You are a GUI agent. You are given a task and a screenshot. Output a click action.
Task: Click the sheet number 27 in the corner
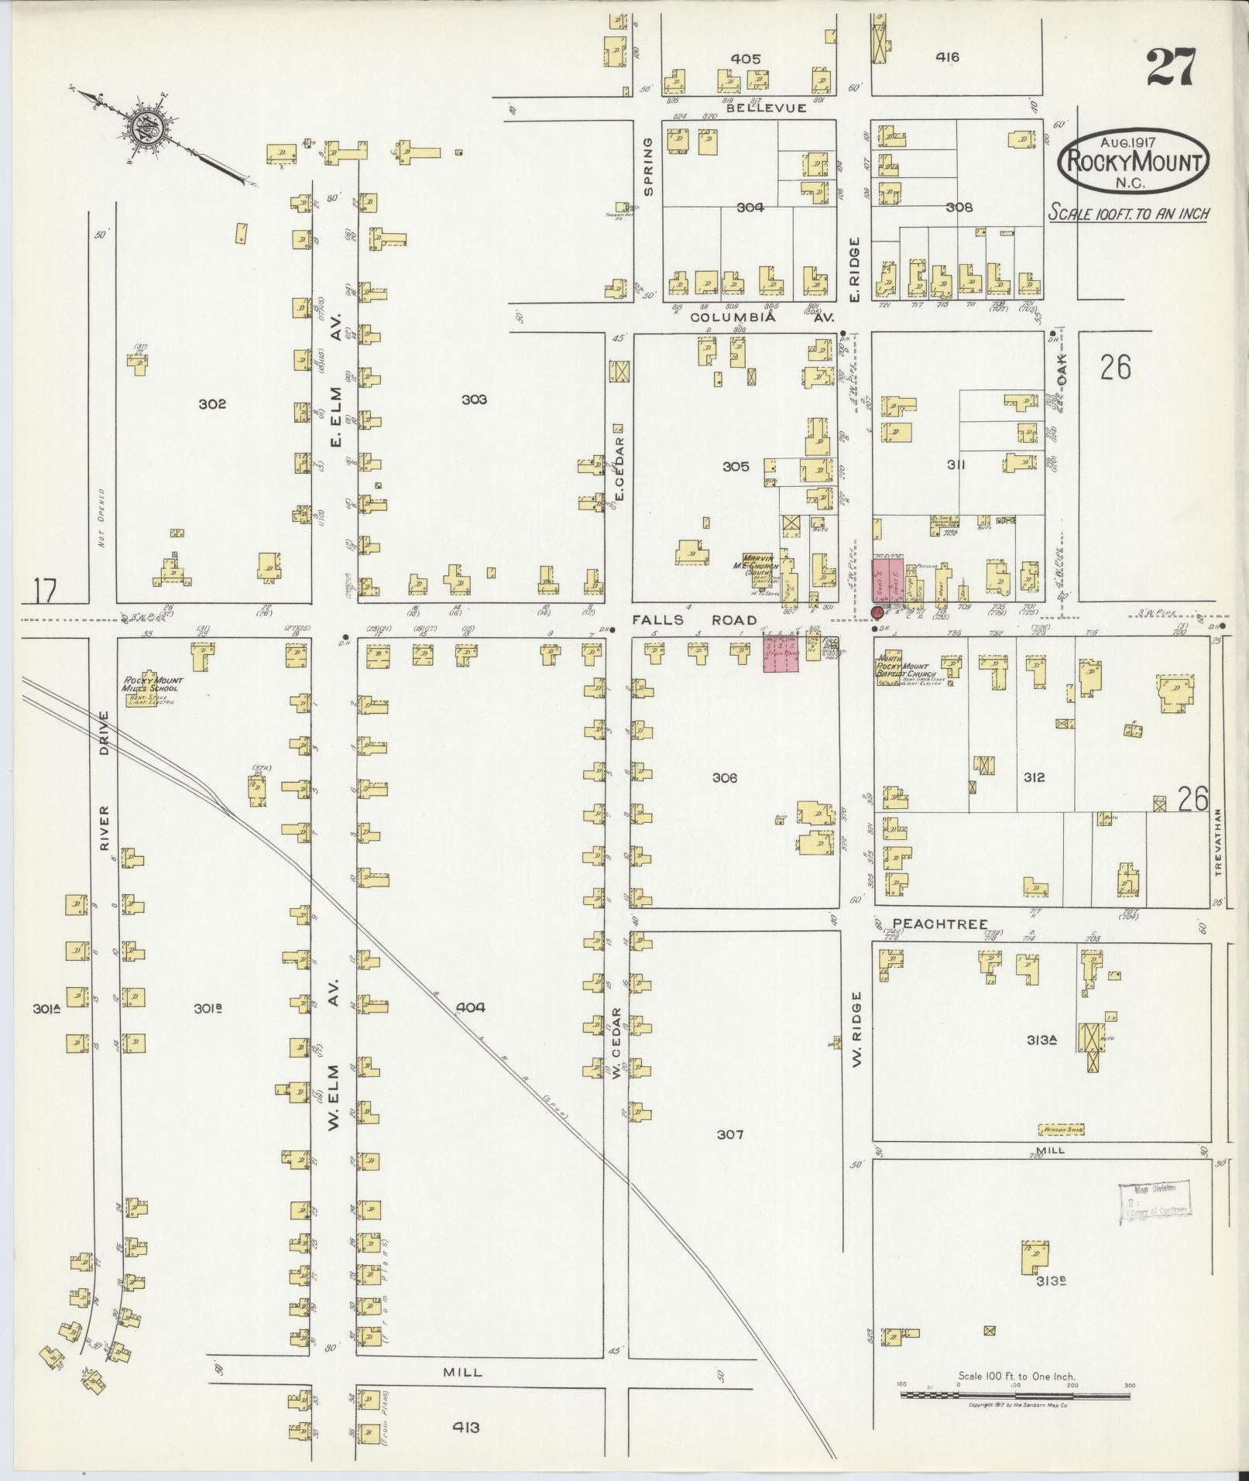click(x=1171, y=67)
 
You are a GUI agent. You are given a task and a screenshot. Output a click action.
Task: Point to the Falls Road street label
click(x=693, y=620)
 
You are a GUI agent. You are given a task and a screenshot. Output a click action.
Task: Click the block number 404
click(x=470, y=1007)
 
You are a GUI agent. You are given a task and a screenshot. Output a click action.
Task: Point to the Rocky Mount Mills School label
click(x=151, y=684)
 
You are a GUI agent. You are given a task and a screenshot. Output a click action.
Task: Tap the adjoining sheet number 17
click(x=45, y=592)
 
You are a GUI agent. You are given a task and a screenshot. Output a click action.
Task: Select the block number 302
click(x=211, y=404)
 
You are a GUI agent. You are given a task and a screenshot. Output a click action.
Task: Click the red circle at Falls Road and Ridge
click(x=877, y=612)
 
